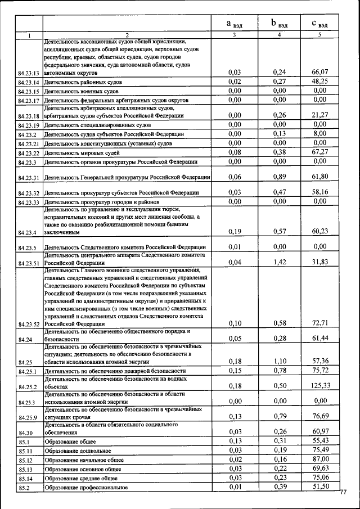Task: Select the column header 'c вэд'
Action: (x=320, y=24)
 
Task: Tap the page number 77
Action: (x=344, y=493)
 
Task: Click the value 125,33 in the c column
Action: (x=319, y=385)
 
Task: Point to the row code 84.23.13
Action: (x=28, y=73)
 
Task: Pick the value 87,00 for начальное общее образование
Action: (x=319, y=460)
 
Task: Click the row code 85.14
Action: (x=27, y=478)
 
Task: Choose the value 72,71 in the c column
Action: (x=319, y=323)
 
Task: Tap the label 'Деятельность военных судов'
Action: (x=81, y=91)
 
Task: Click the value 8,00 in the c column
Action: (x=319, y=134)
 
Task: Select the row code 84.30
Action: (x=26, y=433)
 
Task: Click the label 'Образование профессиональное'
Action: (x=86, y=487)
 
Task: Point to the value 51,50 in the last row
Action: (x=319, y=487)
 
